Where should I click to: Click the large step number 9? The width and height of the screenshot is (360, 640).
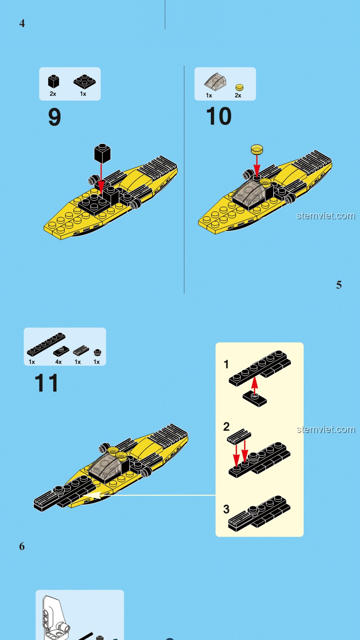click(x=55, y=117)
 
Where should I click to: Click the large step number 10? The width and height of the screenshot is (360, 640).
click(x=219, y=116)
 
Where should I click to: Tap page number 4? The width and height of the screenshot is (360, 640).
click(x=22, y=23)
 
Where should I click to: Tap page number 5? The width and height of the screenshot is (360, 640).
click(x=339, y=285)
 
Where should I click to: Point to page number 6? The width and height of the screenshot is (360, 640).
click(x=22, y=546)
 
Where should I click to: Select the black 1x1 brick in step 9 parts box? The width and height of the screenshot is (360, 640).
click(x=53, y=82)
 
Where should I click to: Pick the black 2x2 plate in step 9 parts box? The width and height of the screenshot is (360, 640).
click(x=84, y=82)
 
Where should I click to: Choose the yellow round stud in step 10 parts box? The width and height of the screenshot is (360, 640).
click(x=239, y=88)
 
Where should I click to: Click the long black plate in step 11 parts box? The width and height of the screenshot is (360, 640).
click(x=46, y=344)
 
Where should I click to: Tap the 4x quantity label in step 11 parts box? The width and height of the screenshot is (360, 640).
click(x=58, y=362)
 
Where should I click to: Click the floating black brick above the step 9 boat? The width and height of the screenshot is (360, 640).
click(x=102, y=153)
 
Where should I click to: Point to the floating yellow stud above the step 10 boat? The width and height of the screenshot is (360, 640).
click(x=257, y=149)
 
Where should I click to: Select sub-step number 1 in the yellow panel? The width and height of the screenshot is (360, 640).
click(x=226, y=364)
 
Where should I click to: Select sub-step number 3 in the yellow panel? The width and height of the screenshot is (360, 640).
click(x=226, y=509)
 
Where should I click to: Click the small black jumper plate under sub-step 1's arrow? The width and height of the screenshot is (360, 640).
click(x=255, y=399)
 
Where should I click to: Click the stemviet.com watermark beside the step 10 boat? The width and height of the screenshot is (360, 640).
click(x=326, y=216)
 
